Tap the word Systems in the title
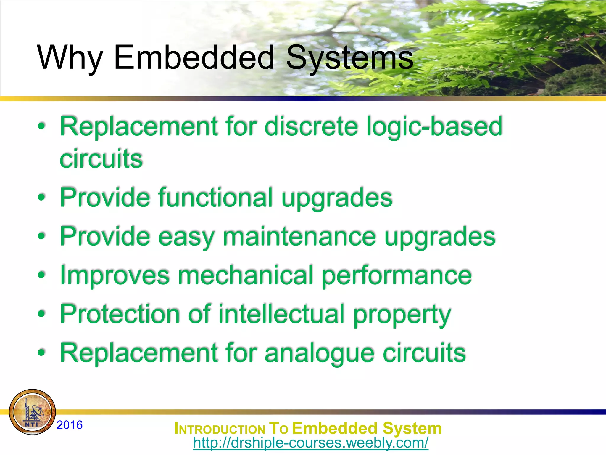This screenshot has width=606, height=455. pyautogui.click(x=349, y=58)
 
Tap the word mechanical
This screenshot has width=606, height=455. pyautogui.click(x=246, y=275)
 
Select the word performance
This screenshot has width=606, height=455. pyautogui.click(x=397, y=276)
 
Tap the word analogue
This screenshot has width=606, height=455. pyautogui.click(x=319, y=353)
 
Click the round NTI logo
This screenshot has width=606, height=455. pyautogui.click(x=32, y=412)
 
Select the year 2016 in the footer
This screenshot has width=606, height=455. pyautogui.click(x=70, y=425)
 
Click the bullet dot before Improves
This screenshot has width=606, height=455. pyautogui.click(x=42, y=275)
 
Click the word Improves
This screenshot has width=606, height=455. pyautogui.click(x=115, y=275)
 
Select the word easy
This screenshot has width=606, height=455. pyautogui.click(x=186, y=237)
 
